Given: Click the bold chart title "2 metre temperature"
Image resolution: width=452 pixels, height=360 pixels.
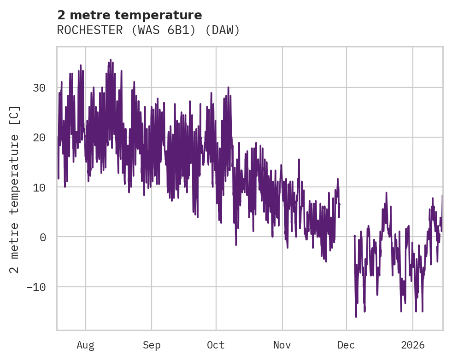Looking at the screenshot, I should [129, 15].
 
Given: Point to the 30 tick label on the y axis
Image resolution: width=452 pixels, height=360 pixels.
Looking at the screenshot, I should [39, 87].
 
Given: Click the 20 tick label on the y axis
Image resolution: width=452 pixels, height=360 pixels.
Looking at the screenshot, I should [39, 137].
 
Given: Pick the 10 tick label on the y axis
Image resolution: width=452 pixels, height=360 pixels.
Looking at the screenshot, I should [39, 187].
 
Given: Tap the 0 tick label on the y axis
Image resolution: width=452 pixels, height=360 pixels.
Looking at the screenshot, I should [42, 237].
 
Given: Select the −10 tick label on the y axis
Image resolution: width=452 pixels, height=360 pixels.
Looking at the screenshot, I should [36, 287].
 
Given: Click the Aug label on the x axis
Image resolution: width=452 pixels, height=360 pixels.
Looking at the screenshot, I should [86, 345].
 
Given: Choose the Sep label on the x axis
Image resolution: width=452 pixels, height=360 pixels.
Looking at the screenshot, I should [152, 345].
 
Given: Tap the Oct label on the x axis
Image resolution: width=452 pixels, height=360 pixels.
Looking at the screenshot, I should [216, 345].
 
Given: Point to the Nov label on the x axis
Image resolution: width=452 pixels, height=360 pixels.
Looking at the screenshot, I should [282, 345].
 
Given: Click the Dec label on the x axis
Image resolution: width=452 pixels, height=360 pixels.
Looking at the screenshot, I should [346, 345].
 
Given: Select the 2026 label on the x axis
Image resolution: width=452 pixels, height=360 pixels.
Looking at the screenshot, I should [412, 345].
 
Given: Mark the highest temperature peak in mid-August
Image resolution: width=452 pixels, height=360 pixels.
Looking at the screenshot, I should [110, 60].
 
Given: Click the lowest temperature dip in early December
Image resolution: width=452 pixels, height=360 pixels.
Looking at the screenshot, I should [356, 317].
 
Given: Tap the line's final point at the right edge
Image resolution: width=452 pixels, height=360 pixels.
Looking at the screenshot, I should [442, 196].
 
